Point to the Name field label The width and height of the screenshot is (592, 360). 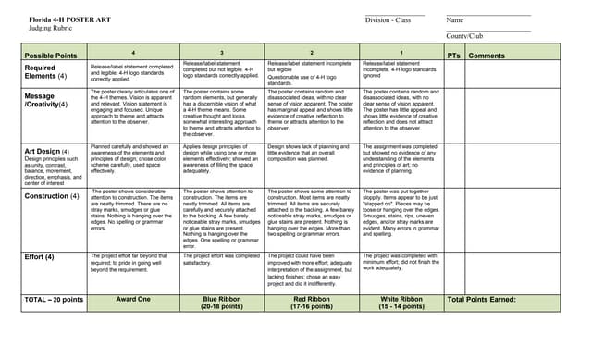[454, 19]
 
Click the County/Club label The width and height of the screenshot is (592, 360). [464, 36]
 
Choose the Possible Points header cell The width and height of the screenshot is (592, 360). [51, 56]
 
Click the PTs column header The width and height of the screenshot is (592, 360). [453, 56]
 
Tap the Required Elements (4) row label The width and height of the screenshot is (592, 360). [43, 72]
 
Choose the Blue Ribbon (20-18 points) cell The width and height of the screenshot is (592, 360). [222, 304]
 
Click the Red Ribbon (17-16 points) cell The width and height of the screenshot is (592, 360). [312, 304]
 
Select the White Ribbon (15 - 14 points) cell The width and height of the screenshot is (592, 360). [401, 304]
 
